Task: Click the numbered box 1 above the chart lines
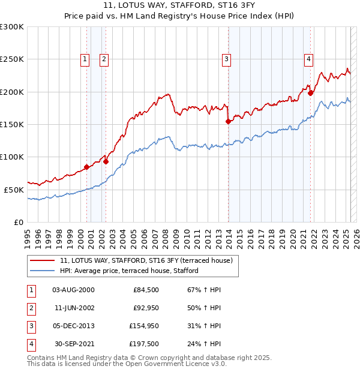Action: click(x=85, y=59)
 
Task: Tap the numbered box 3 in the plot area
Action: click(x=226, y=59)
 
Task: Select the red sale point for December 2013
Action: click(x=228, y=121)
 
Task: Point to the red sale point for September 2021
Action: click(x=311, y=93)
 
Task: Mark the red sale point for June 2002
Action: click(x=106, y=161)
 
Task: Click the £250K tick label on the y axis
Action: click(x=12, y=59)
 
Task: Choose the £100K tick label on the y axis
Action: click(x=12, y=157)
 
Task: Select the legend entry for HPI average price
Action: click(x=129, y=271)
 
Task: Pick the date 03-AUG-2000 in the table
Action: click(x=73, y=290)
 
